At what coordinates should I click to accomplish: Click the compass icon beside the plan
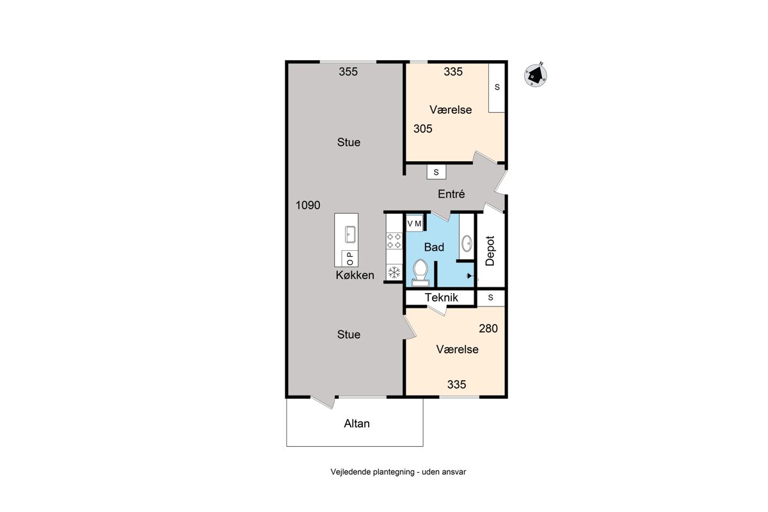[x=535, y=75]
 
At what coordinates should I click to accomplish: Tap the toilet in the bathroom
[x=420, y=273]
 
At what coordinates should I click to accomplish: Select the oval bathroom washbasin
[x=467, y=243]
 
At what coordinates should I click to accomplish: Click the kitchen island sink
[x=350, y=235]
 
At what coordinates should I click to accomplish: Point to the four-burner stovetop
[x=394, y=241]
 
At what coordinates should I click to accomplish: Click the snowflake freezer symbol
[x=394, y=273]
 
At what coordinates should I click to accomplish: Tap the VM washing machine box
[x=414, y=224]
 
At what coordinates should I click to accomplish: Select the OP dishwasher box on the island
[x=349, y=259]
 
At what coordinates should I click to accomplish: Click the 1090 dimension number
[x=308, y=205]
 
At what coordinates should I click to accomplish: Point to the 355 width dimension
[x=348, y=72]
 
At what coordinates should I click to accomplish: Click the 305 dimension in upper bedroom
[x=423, y=129]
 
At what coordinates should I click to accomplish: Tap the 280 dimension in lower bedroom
[x=488, y=328]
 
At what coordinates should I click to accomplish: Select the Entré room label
[x=451, y=194]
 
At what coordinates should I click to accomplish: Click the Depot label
[x=490, y=251]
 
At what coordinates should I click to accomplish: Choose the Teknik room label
[x=441, y=298]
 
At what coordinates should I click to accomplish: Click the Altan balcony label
[x=356, y=424]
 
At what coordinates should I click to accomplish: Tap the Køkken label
[x=355, y=275]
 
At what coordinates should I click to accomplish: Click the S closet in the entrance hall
[x=436, y=172]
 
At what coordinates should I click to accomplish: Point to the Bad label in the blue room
[x=434, y=247]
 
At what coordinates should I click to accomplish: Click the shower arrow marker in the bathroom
[x=470, y=276]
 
